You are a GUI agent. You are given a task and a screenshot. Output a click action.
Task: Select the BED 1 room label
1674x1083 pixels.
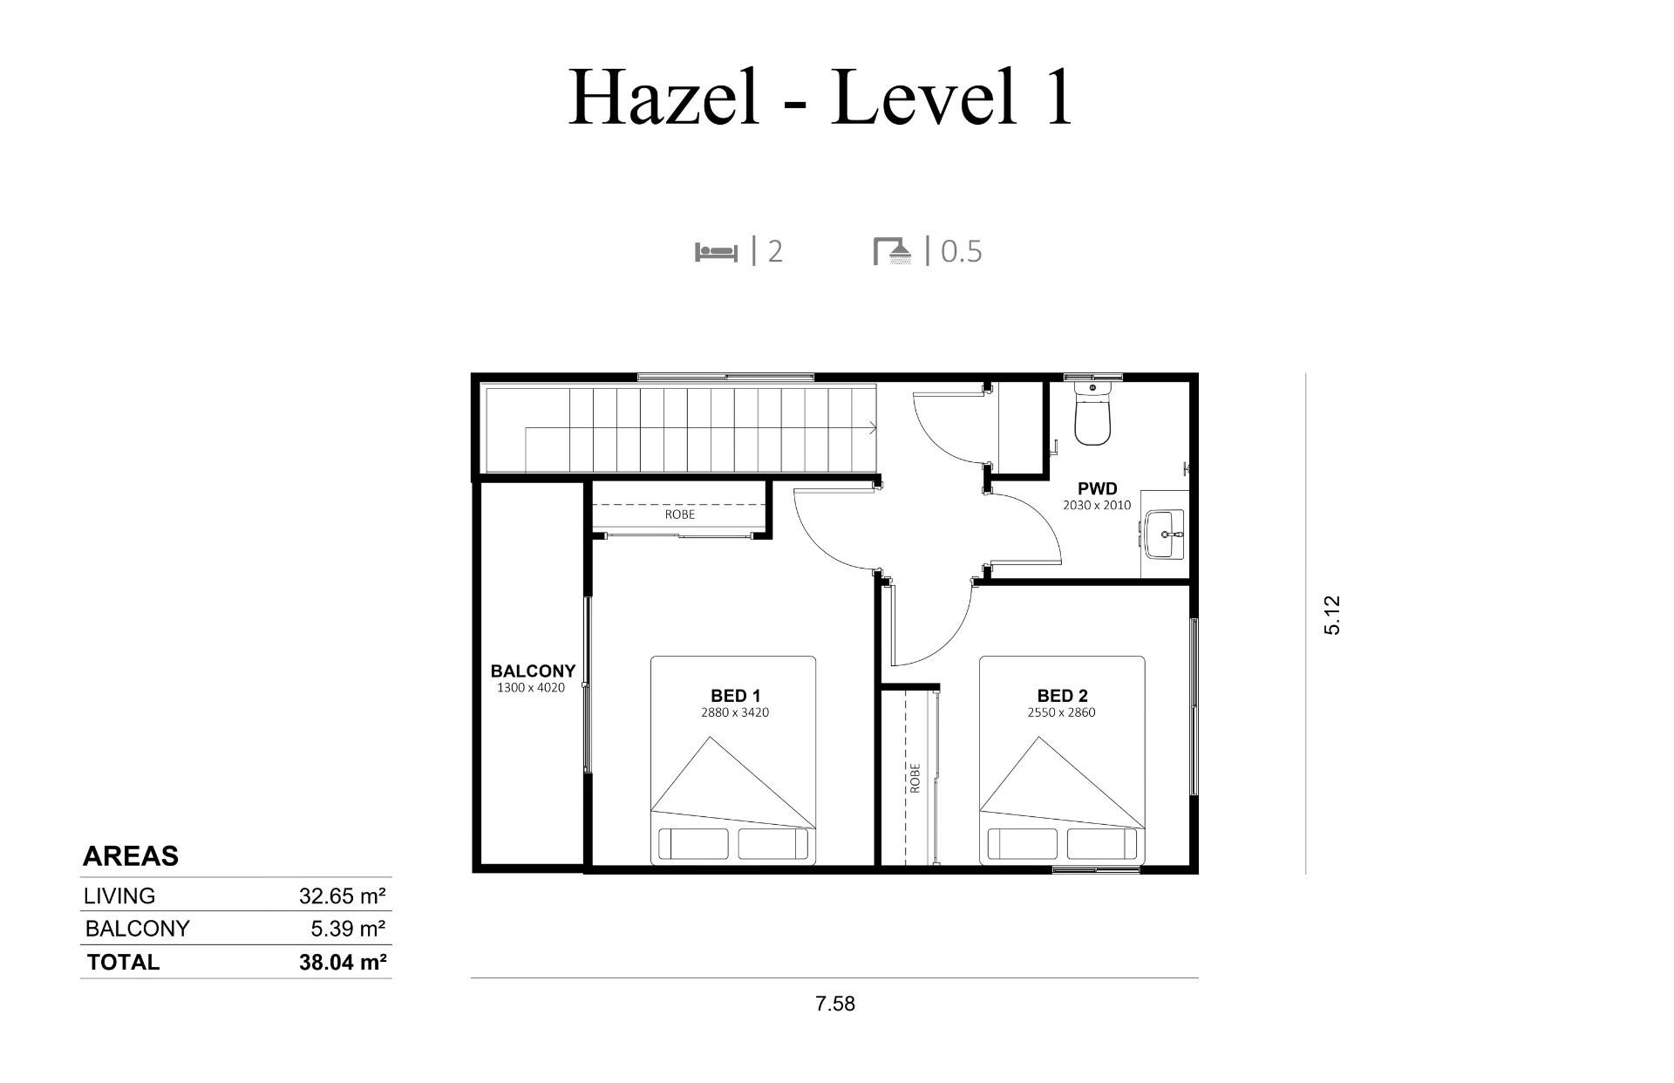(735, 696)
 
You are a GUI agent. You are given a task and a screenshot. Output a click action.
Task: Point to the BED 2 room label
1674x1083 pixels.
(1062, 696)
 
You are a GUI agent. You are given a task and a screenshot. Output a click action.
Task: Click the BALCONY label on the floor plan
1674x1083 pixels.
(533, 671)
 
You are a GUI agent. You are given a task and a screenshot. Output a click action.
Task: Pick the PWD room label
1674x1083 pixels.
(1097, 489)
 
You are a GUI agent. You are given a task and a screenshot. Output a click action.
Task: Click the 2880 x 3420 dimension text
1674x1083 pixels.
(735, 712)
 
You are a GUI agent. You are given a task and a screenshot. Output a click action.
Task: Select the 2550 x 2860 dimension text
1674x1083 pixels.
(1062, 712)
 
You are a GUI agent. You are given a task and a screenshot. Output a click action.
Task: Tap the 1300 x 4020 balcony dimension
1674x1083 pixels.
(531, 688)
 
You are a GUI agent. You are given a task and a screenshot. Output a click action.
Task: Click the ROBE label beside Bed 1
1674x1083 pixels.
(680, 514)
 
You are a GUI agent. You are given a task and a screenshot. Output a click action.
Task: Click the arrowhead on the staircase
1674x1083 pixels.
(873, 427)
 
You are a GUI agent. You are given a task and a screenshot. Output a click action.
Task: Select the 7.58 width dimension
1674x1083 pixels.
(835, 1004)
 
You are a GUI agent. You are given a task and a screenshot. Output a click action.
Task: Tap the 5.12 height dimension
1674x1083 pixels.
(1332, 615)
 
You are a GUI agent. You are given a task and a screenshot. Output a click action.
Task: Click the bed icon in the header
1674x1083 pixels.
(716, 251)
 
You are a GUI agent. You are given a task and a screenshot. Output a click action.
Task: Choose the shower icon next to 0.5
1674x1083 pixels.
(893, 251)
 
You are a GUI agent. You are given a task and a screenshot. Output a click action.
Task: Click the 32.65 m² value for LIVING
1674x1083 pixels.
(343, 896)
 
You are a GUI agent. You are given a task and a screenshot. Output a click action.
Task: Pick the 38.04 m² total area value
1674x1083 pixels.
(343, 962)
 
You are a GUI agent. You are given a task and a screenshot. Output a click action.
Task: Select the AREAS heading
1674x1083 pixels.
(131, 856)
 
